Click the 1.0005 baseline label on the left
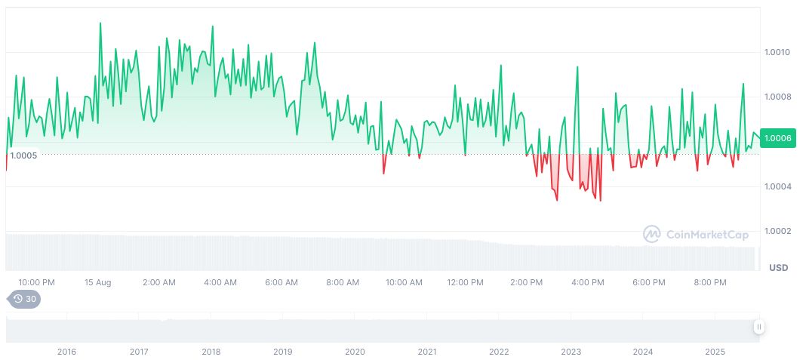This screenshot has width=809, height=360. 23,155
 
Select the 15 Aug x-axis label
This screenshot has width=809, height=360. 98,282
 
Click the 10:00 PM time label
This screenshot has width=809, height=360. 36,282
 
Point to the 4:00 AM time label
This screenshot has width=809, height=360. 220,282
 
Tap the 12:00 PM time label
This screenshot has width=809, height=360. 465,282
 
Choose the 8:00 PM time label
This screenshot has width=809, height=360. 709,282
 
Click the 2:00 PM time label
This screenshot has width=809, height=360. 526,282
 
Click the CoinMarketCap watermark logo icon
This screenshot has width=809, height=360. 651,234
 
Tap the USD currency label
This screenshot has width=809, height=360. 779,268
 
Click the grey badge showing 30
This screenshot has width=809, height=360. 25,299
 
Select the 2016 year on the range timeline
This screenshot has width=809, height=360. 66,352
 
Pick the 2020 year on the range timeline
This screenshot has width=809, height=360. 355,352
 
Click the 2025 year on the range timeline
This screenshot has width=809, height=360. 715,352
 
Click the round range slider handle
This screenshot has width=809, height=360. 759,327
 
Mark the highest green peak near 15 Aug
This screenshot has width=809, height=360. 100,23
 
